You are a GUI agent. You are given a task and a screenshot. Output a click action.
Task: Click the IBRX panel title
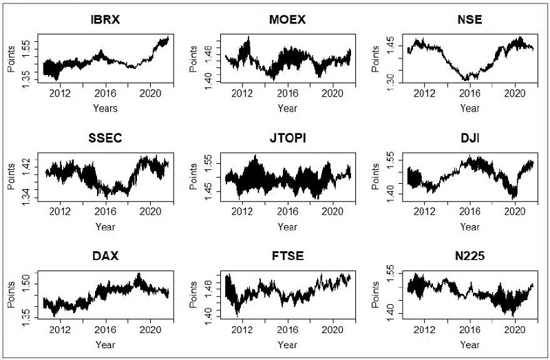pos(105,19)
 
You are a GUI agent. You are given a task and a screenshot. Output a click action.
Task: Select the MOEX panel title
pos(287,19)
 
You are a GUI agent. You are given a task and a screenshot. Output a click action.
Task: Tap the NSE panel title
pos(469,19)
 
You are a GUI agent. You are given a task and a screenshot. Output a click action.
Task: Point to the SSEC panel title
pos(105,140)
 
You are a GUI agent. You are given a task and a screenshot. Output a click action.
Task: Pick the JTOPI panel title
pos(287,140)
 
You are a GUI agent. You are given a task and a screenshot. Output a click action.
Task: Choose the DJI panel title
pos(469,140)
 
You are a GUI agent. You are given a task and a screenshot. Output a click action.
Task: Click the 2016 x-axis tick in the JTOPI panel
pos(288,213)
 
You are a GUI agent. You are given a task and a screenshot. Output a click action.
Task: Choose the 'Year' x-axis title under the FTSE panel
pos(288,344)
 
